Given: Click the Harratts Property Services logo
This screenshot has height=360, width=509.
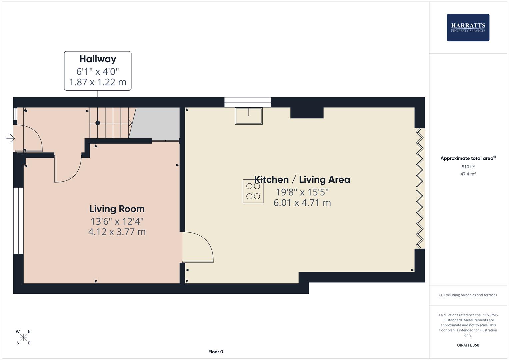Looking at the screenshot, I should pyautogui.click(x=468, y=27).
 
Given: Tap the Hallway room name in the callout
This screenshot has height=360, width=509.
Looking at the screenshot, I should pyautogui.click(x=98, y=59).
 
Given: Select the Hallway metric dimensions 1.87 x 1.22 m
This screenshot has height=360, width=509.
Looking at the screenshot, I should pyautogui.click(x=98, y=82).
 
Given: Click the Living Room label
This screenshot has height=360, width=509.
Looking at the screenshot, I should pyautogui.click(x=117, y=209).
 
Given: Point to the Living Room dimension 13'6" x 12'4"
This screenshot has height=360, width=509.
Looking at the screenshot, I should pyautogui.click(x=117, y=221).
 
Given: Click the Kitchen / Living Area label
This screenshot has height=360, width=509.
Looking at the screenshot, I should pyautogui.click(x=302, y=180).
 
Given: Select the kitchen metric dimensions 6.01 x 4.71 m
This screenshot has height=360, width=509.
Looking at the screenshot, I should pyautogui.click(x=302, y=203).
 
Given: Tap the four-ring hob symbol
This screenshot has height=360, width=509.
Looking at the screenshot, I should pyautogui.click(x=253, y=191).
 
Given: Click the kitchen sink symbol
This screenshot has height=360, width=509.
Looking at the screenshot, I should pyautogui.click(x=249, y=116).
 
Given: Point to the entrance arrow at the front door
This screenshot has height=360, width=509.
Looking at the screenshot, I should pyautogui.click(x=11, y=138).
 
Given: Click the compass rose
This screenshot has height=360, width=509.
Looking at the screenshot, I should pyautogui.click(x=23, y=337).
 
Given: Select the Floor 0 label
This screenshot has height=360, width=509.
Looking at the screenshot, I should pyautogui.click(x=216, y=352).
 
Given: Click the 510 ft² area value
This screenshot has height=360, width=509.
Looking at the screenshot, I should pyautogui.click(x=468, y=167).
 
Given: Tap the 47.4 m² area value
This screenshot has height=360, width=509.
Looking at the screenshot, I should pyautogui.click(x=468, y=174).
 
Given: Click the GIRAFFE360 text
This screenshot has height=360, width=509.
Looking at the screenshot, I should pyautogui.click(x=468, y=345).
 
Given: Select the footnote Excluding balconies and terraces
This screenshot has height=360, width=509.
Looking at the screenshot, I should pyautogui.click(x=468, y=295).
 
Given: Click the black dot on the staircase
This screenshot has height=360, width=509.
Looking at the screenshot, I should pyautogui.click(x=98, y=123).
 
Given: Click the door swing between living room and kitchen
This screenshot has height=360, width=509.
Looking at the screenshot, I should pyautogui.click(x=198, y=247).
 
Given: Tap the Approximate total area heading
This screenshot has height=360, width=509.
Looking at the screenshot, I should pyautogui.click(x=468, y=158).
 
